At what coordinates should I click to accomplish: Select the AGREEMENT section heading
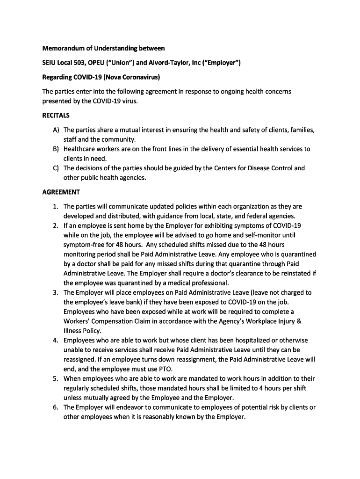[x=61, y=192]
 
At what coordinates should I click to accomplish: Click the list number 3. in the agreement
[x=55, y=292]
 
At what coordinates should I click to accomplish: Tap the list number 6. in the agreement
[x=55, y=407]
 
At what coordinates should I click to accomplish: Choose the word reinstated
[x=295, y=273]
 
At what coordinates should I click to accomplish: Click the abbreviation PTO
[x=166, y=369]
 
